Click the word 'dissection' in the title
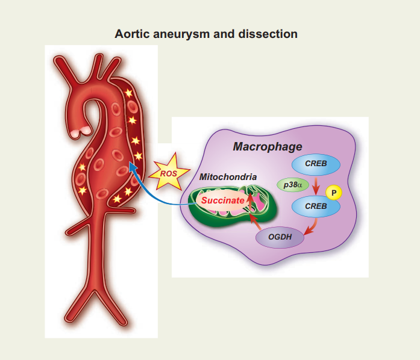[268, 34]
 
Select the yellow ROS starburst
[169, 172]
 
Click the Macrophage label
[268, 147]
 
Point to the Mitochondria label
[228, 177]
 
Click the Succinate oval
[223, 200]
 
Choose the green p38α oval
[293, 185]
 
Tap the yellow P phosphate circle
[334, 193]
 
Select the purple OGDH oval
[280, 237]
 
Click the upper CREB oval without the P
[316, 164]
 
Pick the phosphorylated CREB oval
[316, 206]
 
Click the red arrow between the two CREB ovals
[316, 185]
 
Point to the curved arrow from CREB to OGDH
[313, 228]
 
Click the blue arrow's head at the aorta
[133, 167]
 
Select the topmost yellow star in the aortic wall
[128, 93]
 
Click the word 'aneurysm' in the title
[181, 34]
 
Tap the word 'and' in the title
[224, 34]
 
